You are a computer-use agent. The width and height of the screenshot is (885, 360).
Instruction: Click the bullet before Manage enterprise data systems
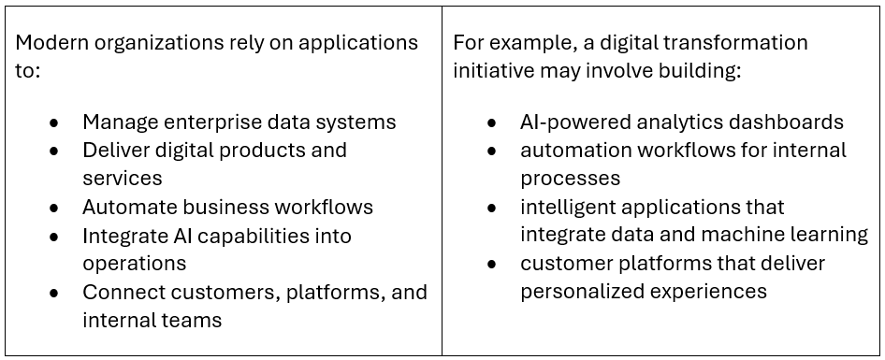pos(54,122)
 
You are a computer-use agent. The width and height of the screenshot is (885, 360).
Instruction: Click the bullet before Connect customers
pos(54,293)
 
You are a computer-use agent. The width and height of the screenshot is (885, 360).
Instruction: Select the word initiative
pos(492,72)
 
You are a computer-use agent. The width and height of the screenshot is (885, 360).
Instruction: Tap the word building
pos(698,73)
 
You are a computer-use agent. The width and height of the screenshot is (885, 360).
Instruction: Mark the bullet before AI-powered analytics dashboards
pos(492,122)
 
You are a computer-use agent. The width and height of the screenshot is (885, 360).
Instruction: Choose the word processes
pos(570,180)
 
